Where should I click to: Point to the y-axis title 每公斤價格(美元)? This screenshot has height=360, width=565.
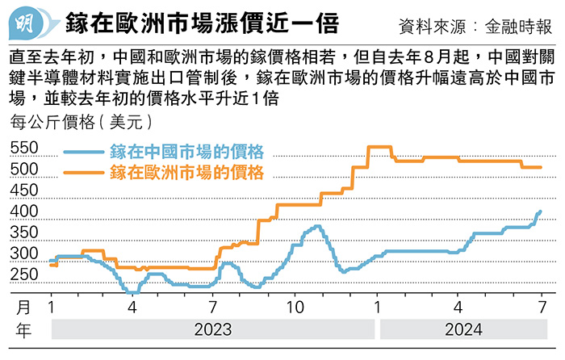(80, 123)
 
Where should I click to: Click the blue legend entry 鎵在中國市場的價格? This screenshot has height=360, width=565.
(186, 151)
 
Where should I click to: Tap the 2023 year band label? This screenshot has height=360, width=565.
(212, 329)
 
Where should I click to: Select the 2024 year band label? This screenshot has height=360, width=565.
(462, 329)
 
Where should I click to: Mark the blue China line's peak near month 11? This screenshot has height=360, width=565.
(316, 226)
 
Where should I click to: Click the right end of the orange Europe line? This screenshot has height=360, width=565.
(541, 168)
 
